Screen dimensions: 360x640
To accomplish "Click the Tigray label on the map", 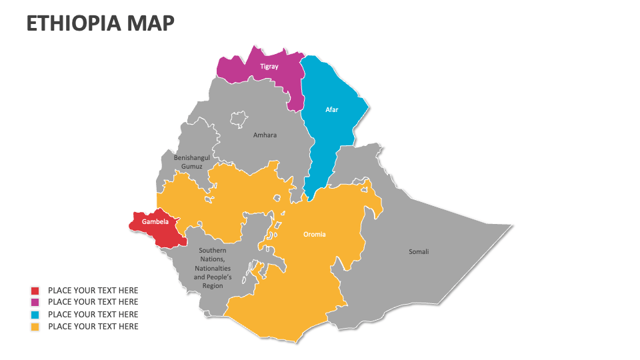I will (269, 67).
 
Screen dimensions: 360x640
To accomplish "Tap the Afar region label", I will (331, 109).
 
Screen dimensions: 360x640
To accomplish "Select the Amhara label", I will (265, 135).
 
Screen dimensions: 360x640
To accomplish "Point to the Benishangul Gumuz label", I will (192, 161).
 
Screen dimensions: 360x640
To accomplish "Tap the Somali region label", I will (419, 251).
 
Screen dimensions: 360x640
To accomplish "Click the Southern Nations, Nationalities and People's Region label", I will (213, 268).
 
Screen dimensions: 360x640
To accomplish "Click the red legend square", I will (35, 291).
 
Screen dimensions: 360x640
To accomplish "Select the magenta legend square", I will (35, 303).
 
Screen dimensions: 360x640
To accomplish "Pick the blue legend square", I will (35, 315).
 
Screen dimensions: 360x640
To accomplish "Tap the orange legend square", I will (35, 327).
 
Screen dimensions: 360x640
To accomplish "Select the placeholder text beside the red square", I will (93, 291).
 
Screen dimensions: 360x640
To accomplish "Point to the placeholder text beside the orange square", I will (93, 327).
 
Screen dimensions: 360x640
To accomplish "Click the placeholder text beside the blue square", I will (93, 315).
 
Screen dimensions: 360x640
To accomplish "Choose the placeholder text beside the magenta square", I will (93, 303).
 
